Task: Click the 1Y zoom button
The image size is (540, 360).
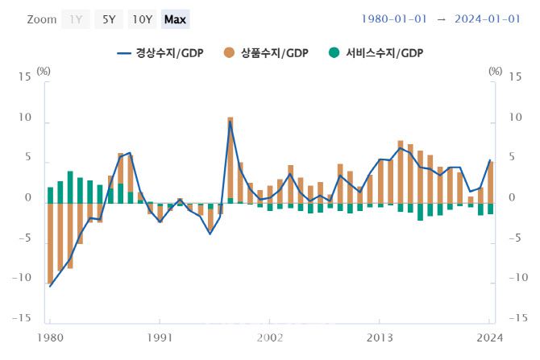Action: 75,19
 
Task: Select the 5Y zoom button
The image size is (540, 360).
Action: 108,19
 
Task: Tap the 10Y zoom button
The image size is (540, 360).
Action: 142,19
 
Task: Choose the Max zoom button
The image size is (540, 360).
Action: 175,19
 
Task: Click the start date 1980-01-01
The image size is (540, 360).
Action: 393,19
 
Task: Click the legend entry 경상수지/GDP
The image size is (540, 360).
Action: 160,53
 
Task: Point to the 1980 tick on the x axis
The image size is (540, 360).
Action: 50,337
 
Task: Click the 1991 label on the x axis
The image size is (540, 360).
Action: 160,337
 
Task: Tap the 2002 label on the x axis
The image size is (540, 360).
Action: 270,337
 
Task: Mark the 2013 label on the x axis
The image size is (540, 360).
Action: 380,337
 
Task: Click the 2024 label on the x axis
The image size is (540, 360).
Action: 488,337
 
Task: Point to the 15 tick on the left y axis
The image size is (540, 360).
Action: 24,77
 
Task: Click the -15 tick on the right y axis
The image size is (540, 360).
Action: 515,317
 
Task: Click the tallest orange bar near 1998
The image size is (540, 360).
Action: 230,157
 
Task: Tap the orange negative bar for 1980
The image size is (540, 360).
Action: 50,242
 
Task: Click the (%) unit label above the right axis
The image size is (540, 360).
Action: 495,71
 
